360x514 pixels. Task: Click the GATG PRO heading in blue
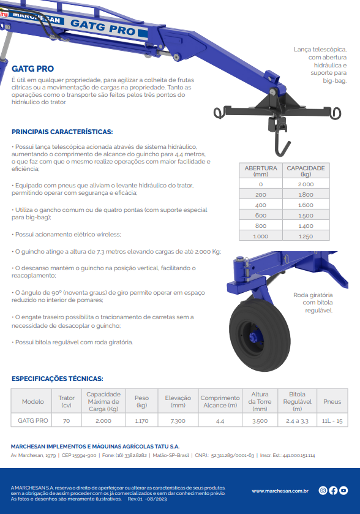(x=33, y=69)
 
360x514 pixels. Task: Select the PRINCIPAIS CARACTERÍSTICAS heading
(x=62, y=132)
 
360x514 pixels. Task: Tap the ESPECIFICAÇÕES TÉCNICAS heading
(x=58, y=379)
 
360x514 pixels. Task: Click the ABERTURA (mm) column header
(x=261, y=171)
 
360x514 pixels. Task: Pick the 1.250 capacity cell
(x=306, y=236)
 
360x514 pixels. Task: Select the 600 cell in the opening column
(x=261, y=216)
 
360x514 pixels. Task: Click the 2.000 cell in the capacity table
(x=306, y=184)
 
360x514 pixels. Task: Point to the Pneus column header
(x=332, y=401)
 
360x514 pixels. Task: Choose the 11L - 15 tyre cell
(x=332, y=421)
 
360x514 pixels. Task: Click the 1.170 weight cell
(x=141, y=421)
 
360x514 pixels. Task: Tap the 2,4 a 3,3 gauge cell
(x=297, y=421)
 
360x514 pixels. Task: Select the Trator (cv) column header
(x=67, y=401)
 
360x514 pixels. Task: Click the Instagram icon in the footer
(x=323, y=490)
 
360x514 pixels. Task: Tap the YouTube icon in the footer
(x=343, y=490)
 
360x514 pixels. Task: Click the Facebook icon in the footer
(x=333, y=490)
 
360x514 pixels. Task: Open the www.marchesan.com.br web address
(x=280, y=491)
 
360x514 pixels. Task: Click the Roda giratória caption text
(x=313, y=303)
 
